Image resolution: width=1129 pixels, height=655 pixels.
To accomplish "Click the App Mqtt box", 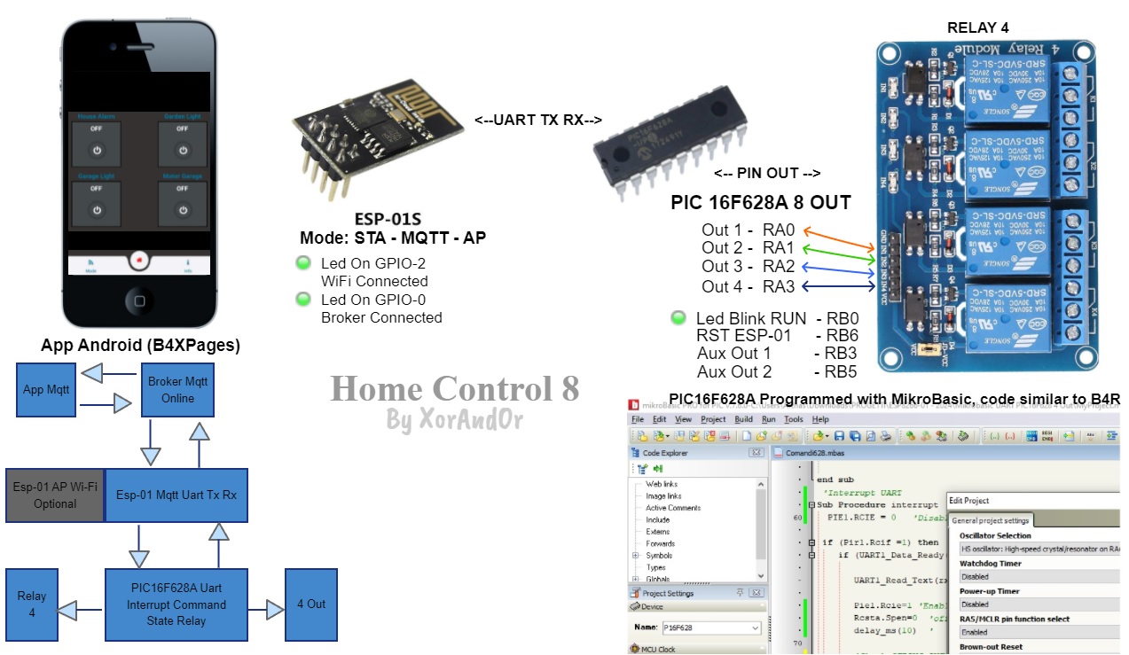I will click(x=46, y=389).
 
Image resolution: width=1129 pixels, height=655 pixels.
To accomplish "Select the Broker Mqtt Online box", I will click(x=177, y=390).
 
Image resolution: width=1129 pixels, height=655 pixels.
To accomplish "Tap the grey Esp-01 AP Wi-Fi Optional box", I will click(x=55, y=495).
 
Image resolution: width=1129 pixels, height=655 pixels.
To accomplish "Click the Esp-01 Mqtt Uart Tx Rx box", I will click(x=176, y=495).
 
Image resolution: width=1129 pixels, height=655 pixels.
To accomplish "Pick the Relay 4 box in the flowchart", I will click(x=31, y=604).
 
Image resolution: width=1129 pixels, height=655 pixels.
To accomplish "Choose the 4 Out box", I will click(x=310, y=604).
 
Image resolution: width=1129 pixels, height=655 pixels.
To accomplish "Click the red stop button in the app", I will click(x=137, y=260).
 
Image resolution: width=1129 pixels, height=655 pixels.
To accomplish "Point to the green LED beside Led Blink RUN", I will click(x=678, y=318).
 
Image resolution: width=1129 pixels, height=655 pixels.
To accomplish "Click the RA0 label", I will click(x=778, y=230).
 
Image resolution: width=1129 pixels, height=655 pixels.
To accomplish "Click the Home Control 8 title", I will click(x=454, y=389).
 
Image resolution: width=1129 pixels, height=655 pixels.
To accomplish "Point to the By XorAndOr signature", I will click(x=453, y=420).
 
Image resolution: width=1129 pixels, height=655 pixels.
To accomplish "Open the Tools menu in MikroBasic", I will click(x=793, y=419).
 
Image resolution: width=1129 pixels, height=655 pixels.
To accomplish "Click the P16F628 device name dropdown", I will click(x=710, y=628).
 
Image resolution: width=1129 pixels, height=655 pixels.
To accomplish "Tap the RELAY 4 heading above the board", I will click(x=977, y=27).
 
